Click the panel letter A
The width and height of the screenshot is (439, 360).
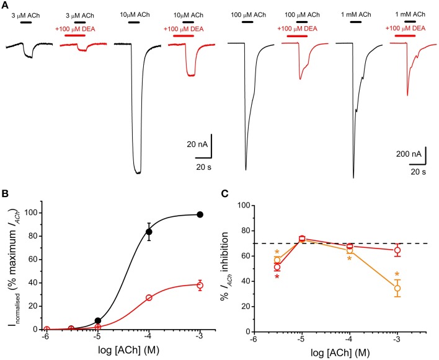(x=4, y=5)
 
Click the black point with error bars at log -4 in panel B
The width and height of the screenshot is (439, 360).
(x=149, y=232)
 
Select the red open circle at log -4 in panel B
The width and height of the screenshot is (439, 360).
(x=149, y=297)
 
